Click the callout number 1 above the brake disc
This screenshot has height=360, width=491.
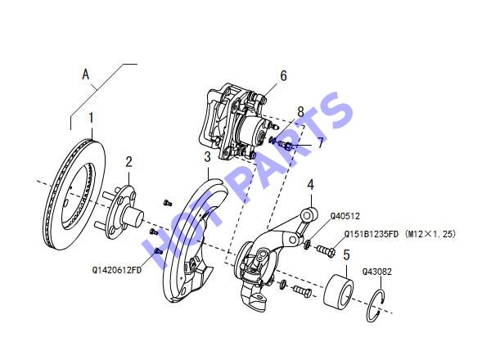pos(91,118)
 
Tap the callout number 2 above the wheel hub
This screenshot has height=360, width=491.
pos(129,162)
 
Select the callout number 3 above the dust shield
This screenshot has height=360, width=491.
pos(207,157)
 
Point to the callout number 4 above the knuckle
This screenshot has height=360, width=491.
pos(310,185)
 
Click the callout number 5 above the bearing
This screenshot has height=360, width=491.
pos(346,254)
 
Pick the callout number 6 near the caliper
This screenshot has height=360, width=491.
pos(283,76)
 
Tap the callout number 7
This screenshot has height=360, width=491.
pos(320,143)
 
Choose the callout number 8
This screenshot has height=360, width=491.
pos(300,111)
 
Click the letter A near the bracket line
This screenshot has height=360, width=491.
pos(86,74)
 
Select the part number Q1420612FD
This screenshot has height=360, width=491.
pos(117,270)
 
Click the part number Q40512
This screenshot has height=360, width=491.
pos(345,216)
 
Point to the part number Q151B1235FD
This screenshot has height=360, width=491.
pos(372,234)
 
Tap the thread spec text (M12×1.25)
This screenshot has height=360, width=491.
pos(430,234)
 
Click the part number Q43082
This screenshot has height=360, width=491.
pos(377,272)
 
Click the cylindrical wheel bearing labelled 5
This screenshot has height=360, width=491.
pos(339,290)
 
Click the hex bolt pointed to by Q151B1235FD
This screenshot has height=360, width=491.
pos(326,250)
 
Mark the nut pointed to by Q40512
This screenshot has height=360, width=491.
pos(307,244)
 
